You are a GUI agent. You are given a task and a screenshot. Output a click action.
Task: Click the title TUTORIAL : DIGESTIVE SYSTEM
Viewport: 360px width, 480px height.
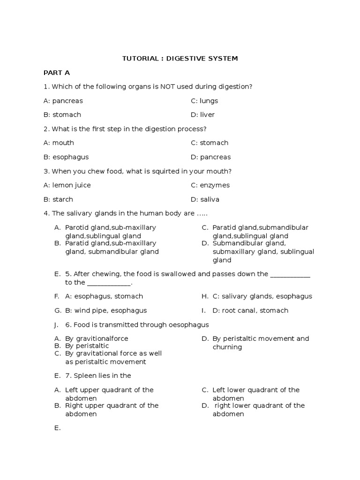tap(180, 59)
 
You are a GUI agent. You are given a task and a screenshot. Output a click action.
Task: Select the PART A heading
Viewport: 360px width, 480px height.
tap(57, 73)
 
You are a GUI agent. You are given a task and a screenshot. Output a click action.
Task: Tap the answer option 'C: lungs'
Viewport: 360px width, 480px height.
tap(204, 101)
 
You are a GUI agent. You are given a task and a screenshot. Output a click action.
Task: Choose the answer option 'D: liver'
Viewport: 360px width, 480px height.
tap(203, 115)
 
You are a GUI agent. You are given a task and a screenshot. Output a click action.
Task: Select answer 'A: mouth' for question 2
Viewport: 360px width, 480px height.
tap(59, 143)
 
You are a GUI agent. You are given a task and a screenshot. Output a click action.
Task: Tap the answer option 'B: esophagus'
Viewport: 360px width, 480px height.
tap(66, 157)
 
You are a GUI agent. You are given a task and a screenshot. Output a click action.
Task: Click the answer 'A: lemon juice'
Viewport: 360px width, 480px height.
tap(67, 185)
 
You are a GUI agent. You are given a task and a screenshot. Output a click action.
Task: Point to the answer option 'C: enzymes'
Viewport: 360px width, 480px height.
tap(210, 185)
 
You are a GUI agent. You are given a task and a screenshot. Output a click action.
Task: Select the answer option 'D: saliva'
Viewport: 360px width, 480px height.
tap(205, 199)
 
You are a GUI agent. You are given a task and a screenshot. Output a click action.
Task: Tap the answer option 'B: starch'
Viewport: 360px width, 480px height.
tap(59, 199)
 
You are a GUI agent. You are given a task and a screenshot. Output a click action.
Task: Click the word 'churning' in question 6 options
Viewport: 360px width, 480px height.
tap(227, 347)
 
